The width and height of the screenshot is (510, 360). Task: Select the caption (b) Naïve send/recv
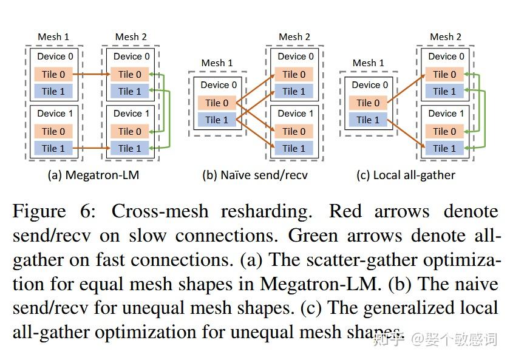point(255,175)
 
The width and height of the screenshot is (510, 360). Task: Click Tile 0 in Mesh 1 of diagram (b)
point(217,103)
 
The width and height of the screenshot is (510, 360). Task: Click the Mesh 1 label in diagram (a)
point(53,37)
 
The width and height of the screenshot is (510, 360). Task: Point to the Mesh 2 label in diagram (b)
point(294,37)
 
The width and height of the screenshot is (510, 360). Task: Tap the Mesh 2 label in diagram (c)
point(445,37)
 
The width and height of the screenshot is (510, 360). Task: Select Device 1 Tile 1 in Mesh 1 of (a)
point(53,148)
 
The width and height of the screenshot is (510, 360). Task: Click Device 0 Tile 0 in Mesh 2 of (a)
point(130,74)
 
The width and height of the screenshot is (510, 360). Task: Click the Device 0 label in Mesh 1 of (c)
point(366,85)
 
